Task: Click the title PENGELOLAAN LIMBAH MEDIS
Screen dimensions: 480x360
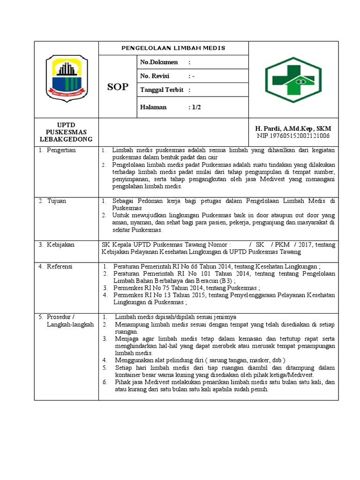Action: tap(173, 48)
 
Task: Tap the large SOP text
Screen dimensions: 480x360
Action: tap(117, 87)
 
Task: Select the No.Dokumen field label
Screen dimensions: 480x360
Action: tap(159, 62)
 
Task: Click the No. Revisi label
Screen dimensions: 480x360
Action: tap(155, 76)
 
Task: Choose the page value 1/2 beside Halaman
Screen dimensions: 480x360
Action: tap(195, 107)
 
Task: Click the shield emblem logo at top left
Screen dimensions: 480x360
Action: tap(66, 78)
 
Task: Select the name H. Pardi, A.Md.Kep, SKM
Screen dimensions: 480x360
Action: tap(292, 128)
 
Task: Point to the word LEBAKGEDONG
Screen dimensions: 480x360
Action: tap(66, 139)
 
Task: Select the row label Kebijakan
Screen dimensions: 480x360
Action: tap(60, 245)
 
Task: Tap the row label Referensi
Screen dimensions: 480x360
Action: tap(60, 266)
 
